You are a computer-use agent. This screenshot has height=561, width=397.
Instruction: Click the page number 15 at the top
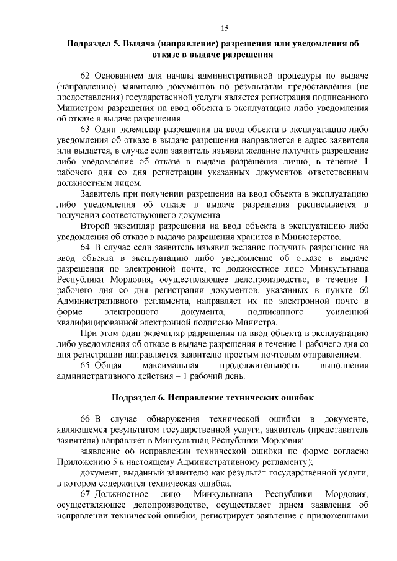click(225, 28)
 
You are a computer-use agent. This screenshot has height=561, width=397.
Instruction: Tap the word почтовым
click(283, 355)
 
